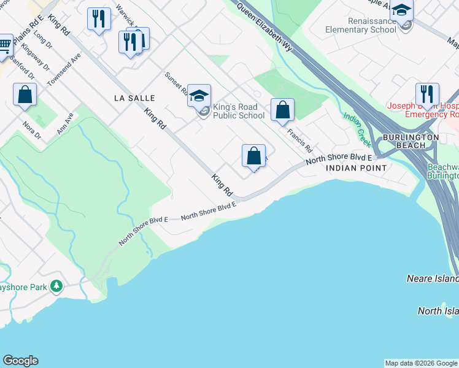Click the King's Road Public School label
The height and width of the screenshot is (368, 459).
click(x=239, y=111)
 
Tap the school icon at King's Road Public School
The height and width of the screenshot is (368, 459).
click(x=199, y=95)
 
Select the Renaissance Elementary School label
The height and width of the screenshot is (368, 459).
click(x=352, y=25)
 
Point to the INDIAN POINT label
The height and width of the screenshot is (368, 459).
click(x=356, y=167)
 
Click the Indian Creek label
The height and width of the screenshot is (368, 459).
click(x=357, y=129)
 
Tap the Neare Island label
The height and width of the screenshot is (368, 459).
click(x=433, y=278)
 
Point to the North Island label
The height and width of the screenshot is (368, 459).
click(x=438, y=311)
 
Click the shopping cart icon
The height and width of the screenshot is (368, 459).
click(x=4, y=44)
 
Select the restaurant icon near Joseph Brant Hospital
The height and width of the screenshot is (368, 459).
click(x=427, y=94)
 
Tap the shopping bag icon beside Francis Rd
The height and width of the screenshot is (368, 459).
click(x=282, y=110)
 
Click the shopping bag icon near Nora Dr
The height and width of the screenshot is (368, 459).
click(x=25, y=95)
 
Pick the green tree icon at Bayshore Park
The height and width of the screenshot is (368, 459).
click(x=56, y=286)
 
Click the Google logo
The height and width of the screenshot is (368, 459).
click(x=20, y=361)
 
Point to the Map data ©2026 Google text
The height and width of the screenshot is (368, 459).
click(x=422, y=363)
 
